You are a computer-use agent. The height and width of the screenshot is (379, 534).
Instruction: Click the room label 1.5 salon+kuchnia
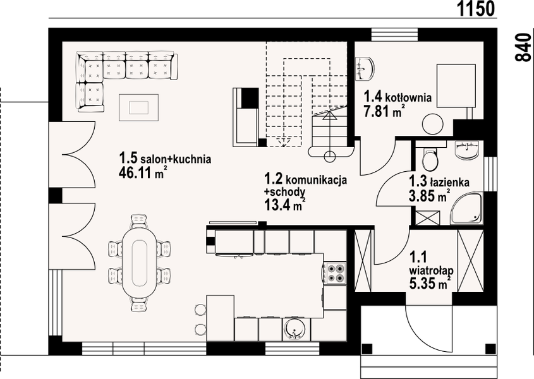pos(165,159)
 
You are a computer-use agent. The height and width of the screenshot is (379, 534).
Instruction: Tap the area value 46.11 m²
pos(143,172)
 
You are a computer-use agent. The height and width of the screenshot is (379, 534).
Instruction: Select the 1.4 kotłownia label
pos(397,98)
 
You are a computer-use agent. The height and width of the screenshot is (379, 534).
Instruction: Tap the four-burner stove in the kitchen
pos(336,272)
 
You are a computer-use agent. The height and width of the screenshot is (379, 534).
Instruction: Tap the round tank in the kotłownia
pos(432,122)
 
